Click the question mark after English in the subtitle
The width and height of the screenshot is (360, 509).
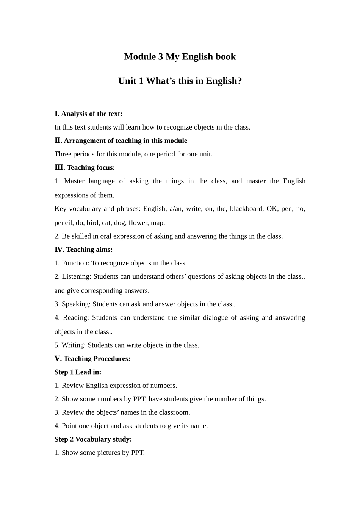click(239, 81)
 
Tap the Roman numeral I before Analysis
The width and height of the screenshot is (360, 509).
click(57, 114)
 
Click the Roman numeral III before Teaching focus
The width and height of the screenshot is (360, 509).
click(59, 168)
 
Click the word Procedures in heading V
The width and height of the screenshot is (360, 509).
click(112, 359)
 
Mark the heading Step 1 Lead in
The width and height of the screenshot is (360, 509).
click(78, 372)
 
